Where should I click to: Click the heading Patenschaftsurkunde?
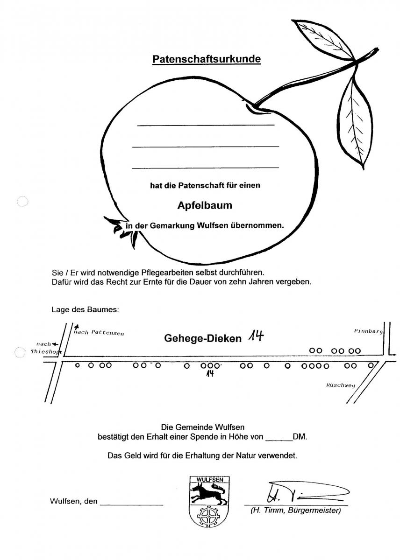[207, 59]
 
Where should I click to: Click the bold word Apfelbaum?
[205, 205]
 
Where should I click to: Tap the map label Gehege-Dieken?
[203, 338]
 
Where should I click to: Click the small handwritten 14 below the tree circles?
[210, 373]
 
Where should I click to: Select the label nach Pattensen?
[99, 333]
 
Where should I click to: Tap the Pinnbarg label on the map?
[368, 331]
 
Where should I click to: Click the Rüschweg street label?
[341, 385]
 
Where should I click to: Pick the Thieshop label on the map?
[46, 352]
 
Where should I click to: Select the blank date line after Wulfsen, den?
[131, 505]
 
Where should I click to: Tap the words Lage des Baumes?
[85, 310]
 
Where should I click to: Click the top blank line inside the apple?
[206, 125]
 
